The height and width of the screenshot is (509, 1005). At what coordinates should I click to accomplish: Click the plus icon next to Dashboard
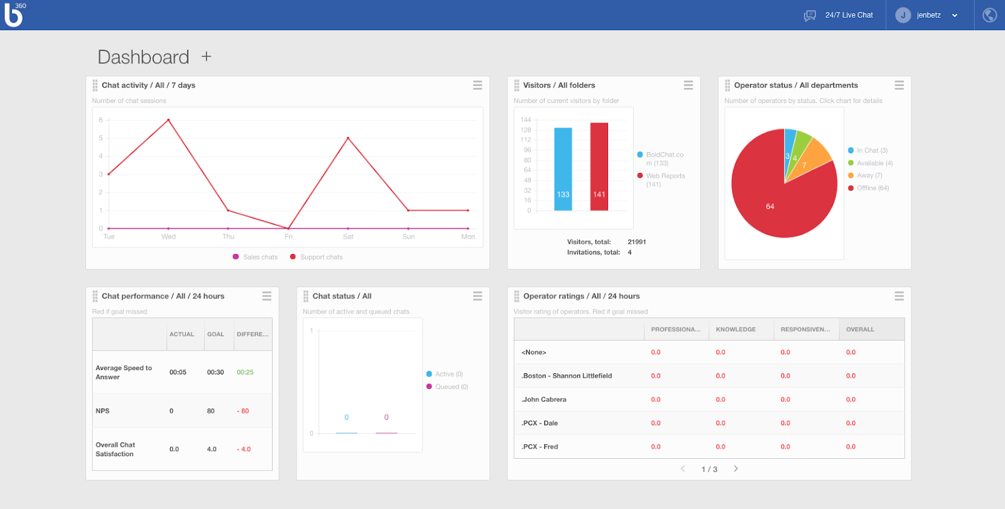click(206, 57)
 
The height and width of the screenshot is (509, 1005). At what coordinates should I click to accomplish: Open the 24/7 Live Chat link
click(848, 15)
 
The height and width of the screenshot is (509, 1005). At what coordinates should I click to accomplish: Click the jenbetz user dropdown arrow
click(955, 16)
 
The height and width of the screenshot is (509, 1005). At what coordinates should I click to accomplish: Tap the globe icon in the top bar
click(989, 15)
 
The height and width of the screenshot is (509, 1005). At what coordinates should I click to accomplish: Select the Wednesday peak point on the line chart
click(168, 119)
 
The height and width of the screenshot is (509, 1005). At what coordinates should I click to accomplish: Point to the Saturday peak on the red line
click(348, 138)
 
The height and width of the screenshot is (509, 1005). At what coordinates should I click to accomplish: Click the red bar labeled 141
click(599, 167)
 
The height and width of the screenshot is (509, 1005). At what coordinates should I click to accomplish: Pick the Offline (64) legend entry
click(872, 188)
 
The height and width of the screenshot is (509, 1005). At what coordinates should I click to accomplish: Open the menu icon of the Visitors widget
click(688, 85)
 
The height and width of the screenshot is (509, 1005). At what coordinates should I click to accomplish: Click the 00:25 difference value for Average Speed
click(245, 372)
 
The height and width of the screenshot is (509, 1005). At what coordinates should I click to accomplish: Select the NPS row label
click(102, 411)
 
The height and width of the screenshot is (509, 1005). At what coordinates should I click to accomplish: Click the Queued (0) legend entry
click(451, 387)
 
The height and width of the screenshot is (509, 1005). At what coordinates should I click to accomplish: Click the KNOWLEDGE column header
click(736, 329)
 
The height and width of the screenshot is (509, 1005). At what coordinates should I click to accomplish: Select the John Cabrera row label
click(545, 400)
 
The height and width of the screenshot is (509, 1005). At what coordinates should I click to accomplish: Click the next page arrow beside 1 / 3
click(736, 469)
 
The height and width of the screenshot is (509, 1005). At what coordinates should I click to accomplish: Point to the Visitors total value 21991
click(636, 242)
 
